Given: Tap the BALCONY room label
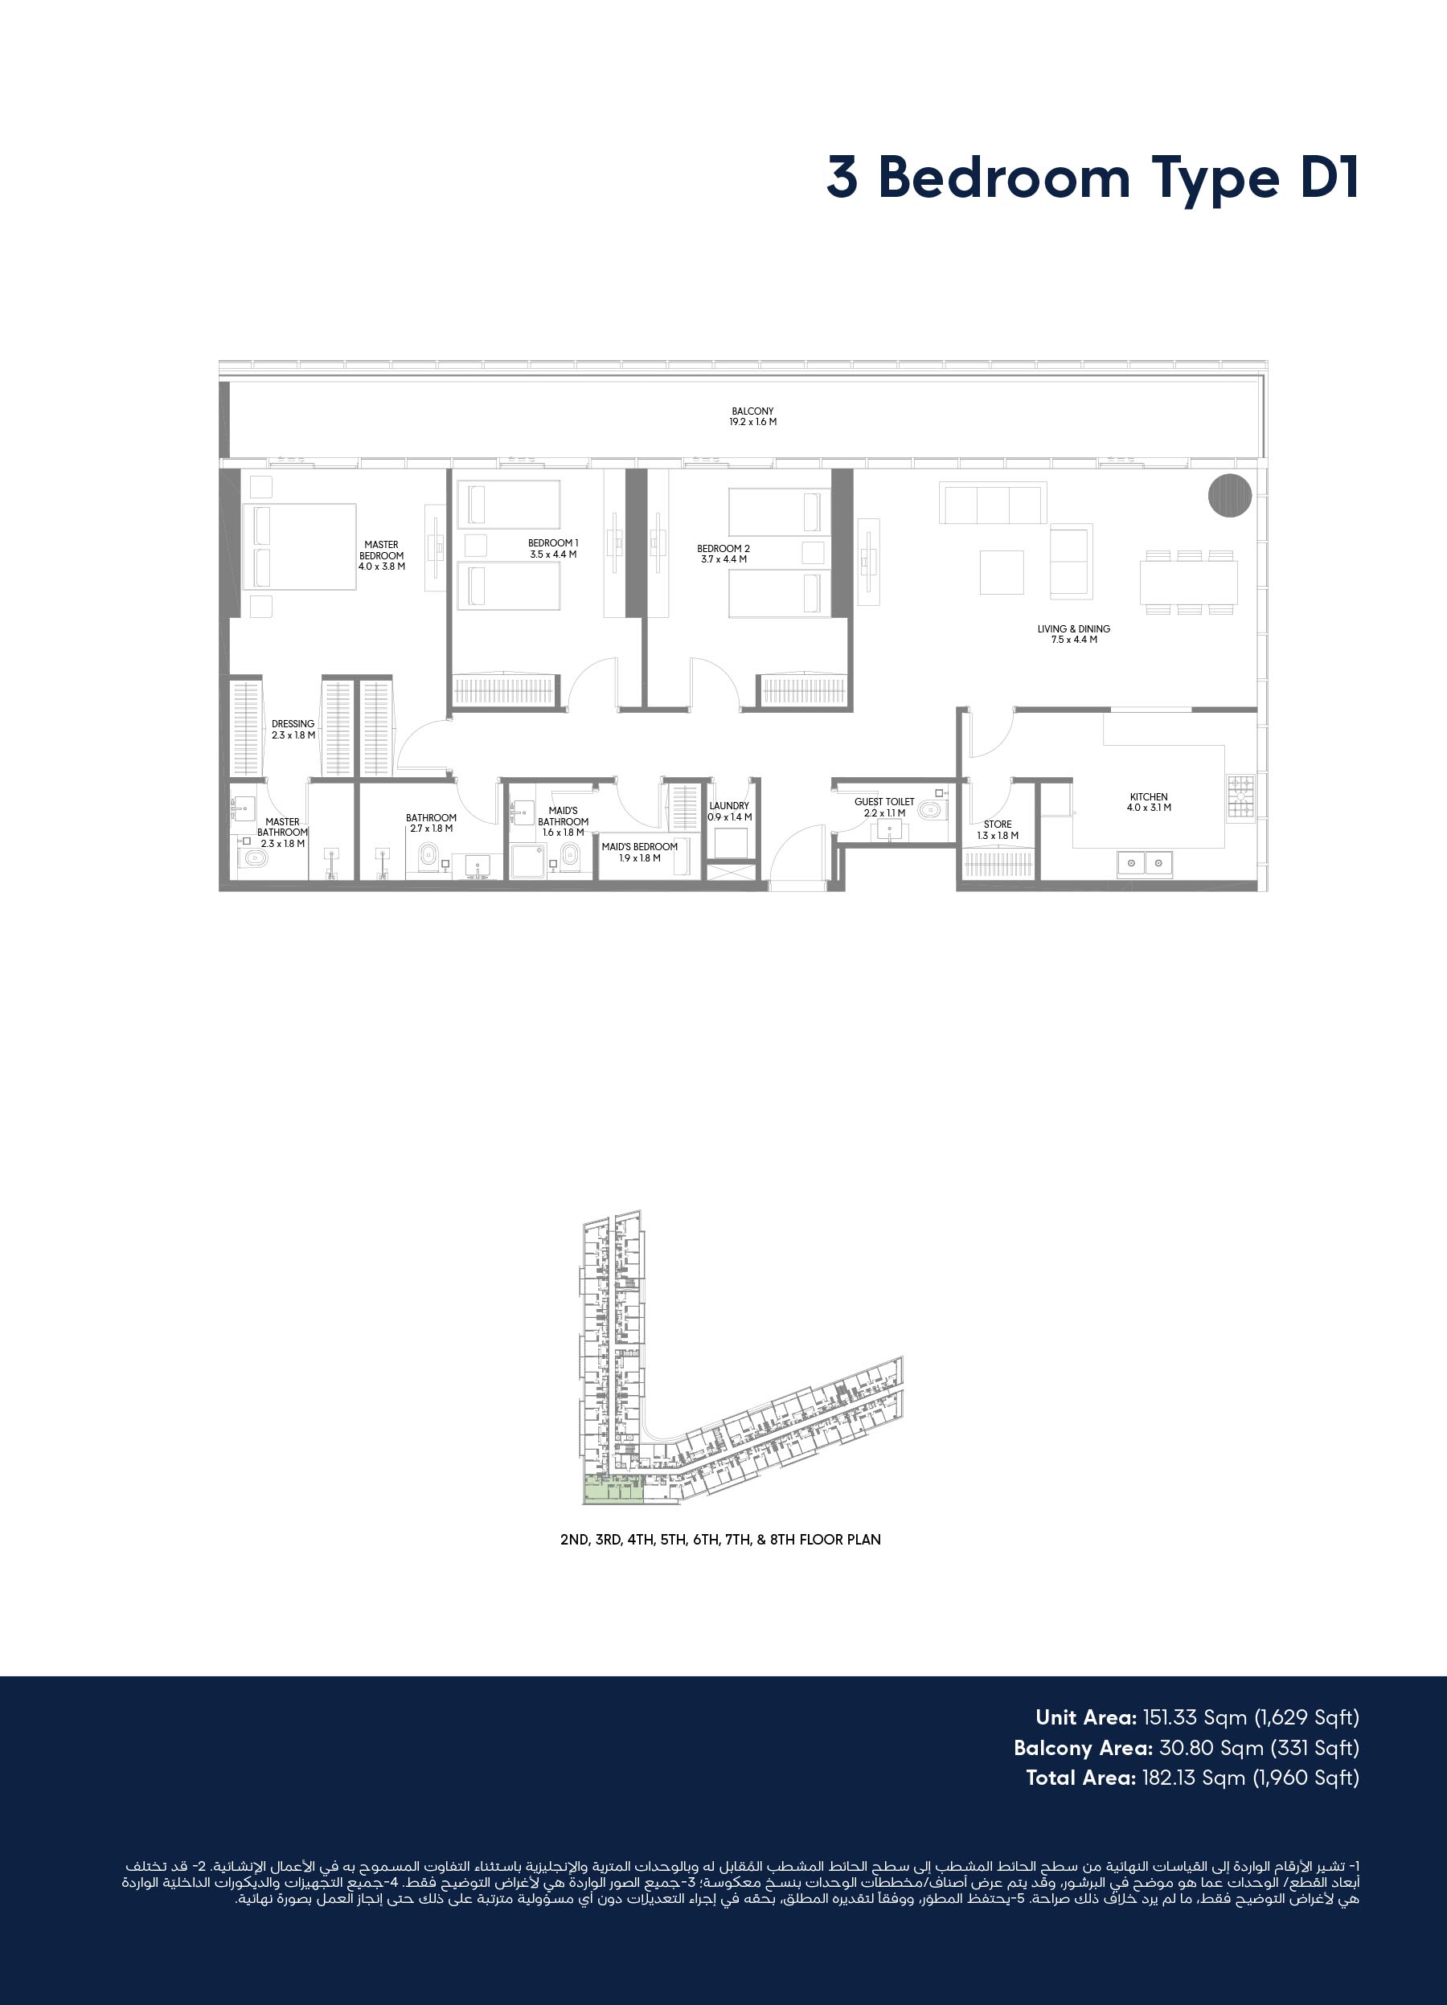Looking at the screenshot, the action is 752,416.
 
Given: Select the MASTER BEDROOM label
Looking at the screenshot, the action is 381,555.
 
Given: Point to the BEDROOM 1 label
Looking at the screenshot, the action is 554,548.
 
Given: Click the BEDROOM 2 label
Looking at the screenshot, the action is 723,554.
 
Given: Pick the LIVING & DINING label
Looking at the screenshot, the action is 1074,634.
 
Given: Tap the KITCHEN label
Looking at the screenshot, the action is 1149,802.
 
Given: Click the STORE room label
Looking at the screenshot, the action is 998,829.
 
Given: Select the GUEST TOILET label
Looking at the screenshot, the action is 884,807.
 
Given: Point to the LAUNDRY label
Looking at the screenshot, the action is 730,811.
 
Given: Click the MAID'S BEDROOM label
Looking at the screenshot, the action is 639,851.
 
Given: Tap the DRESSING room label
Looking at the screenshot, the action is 293,728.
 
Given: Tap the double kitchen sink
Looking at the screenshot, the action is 1145,863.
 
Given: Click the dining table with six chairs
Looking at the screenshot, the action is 1189,582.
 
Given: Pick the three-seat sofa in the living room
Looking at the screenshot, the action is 994,503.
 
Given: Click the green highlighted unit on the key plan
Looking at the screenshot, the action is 613,1490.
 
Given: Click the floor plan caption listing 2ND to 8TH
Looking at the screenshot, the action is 720,1539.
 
